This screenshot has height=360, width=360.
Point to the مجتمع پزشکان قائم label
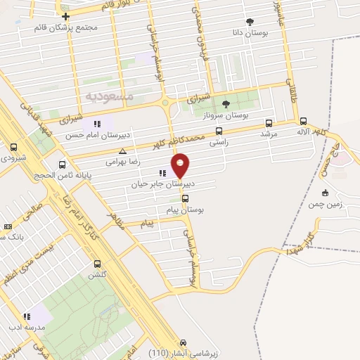point(65,28)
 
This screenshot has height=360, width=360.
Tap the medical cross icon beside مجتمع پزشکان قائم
point(65,16)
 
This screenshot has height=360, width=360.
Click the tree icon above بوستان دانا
point(249,21)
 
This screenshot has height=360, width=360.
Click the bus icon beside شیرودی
point(14,148)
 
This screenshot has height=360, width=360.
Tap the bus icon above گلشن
point(97,264)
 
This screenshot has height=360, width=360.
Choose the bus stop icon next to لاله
point(303,120)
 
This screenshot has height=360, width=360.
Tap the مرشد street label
point(270,134)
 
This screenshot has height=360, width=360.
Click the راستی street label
point(218,141)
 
